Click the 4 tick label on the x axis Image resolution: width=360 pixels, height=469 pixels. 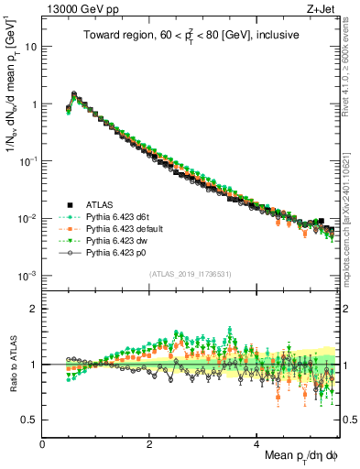[256, 443]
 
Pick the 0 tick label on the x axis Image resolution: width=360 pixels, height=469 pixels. [43, 443]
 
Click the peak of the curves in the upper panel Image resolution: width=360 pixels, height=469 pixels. [74, 93]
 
